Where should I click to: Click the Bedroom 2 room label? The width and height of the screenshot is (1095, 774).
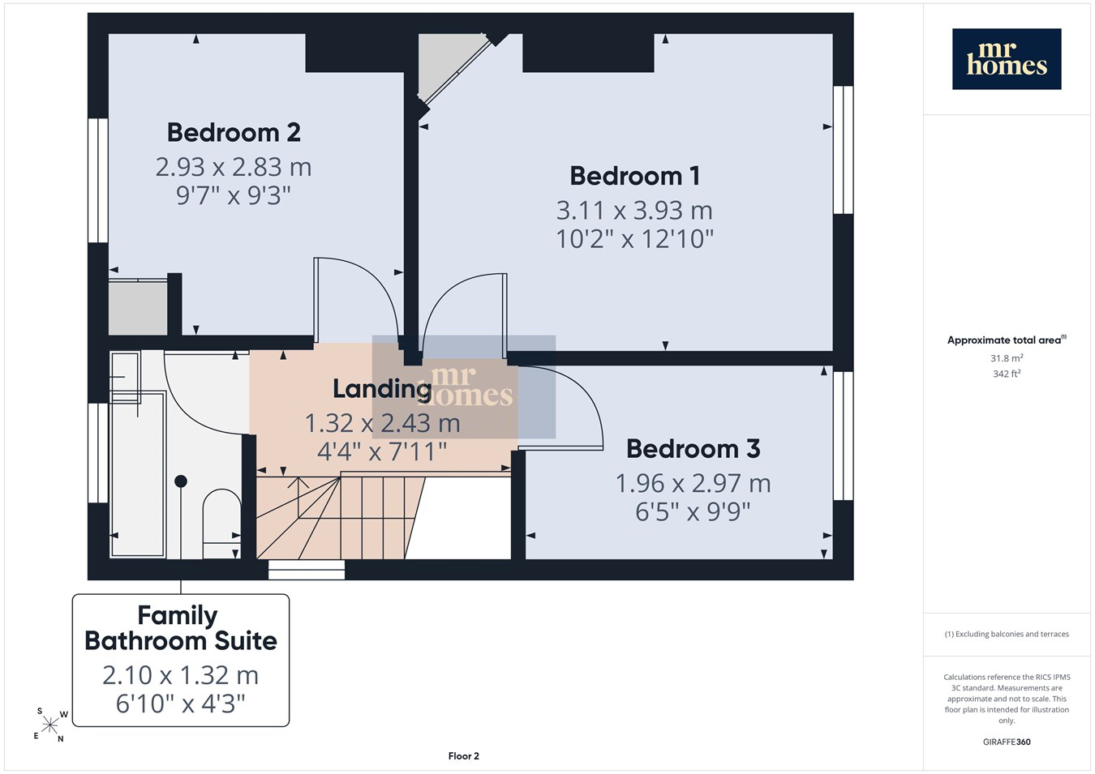(x=234, y=132)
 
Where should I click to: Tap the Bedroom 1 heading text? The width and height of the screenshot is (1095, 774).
(x=634, y=176)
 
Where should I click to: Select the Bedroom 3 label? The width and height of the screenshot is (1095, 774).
(x=693, y=449)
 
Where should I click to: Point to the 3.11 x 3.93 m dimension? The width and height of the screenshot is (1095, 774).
(x=634, y=211)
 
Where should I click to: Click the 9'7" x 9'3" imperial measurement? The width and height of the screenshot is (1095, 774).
(x=233, y=195)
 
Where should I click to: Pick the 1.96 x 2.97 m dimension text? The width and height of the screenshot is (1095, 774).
(x=693, y=483)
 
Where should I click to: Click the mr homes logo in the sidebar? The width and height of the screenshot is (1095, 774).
(x=1007, y=58)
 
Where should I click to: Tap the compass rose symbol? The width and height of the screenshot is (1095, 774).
(x=49, y=725)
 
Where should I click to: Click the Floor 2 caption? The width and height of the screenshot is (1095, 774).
(x=463, y=756)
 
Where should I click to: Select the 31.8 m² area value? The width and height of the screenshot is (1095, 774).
(x=1007, y=358)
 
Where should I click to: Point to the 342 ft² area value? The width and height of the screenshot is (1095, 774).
(x=1007, y=374)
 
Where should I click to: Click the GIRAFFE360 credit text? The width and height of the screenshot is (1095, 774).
(x=1007, y=742)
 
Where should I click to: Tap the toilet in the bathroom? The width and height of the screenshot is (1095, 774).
(x=221, y=524)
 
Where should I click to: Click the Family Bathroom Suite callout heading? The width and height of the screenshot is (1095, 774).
(x=181, y=628)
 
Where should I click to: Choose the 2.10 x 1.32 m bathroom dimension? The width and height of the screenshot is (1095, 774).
(x=180, y=675)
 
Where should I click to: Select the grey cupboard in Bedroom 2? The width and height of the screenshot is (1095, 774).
(x=138, y=308)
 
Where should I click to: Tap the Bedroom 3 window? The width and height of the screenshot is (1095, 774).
(x=844, y=435)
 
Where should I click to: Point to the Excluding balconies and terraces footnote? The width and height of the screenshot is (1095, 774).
(x=1007, y=634)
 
